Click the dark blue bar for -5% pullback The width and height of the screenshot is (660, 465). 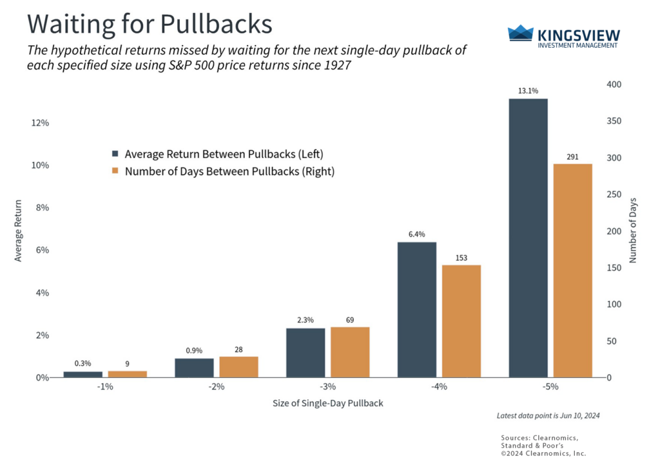(x=528, y=237)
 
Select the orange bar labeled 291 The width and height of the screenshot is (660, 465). (x=573, y=270)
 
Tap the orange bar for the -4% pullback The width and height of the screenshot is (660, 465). (x=461, y=321)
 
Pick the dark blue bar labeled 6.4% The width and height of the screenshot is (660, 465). (x=416, y=310)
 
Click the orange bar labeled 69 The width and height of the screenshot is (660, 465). (x=350, y=352)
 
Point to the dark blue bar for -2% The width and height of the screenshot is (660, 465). (x=194, y=368)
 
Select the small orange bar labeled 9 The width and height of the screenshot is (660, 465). (x=127, y=374)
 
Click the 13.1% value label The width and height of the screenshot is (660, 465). (x=528, y=91)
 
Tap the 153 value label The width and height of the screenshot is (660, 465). (x=461, y=257)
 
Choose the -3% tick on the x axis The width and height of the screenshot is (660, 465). (x=327, y=387)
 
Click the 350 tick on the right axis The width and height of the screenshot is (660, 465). (x=614, y=121)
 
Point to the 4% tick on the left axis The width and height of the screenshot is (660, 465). (x=42, y=293)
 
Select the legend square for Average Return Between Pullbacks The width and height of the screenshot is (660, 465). (x=115, y=154)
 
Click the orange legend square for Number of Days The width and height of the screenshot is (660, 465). (x=115, y=172)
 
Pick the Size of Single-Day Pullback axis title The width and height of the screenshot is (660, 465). (x=328, y=404)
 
